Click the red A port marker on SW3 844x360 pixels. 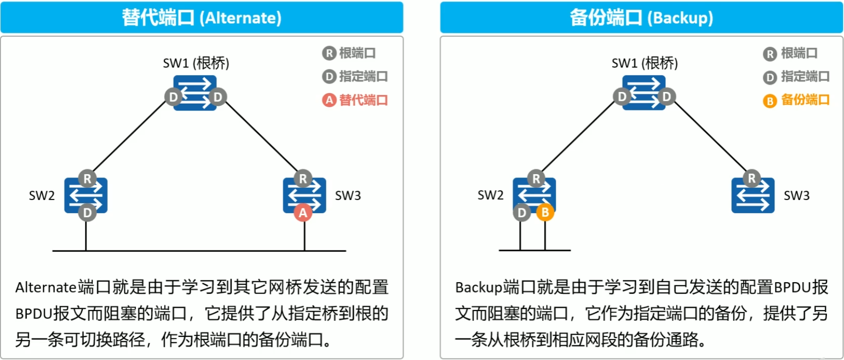(303, 213)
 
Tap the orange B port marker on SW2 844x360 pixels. (545, 213)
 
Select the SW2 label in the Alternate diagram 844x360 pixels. (42, 196)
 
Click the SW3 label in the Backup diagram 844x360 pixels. (796, 196)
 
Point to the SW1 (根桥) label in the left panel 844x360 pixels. (196, 63)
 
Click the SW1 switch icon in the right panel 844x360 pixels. (644, 92)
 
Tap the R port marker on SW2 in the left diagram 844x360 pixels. (87, 179)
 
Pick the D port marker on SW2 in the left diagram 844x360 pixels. (87, 213)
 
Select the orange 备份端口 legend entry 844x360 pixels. (797, 100)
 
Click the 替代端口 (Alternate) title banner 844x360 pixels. (202, 18)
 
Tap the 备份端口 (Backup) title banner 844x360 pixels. (641, 18)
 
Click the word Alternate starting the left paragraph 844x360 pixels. (46, 287)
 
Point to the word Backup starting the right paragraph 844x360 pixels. (478, 287)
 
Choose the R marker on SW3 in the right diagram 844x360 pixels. (752, 179)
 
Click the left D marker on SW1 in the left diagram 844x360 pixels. (173, 97)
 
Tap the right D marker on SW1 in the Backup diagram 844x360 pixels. (666, 97)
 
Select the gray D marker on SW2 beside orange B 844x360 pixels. (522, 213)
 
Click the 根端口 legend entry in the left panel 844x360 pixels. (349, 53)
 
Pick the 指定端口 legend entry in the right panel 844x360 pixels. (797, 77)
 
